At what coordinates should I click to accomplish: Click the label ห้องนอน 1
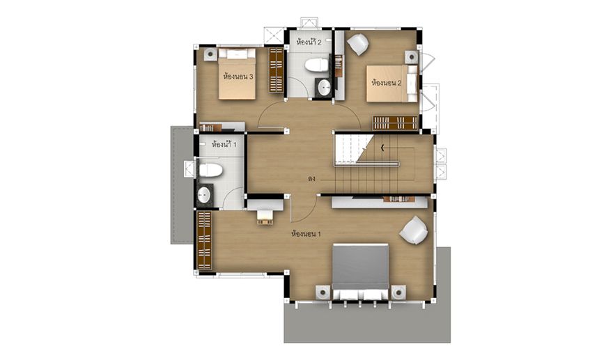(x=306, y=234)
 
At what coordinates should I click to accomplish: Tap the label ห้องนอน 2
(x=386, y=83)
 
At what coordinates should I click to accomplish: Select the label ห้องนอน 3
(x=238, y=77)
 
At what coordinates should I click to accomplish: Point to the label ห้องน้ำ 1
(x=224, y=144)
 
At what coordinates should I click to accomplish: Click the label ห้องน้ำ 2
(x=309, y=42)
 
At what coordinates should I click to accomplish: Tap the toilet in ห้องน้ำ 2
(x=316, y=65)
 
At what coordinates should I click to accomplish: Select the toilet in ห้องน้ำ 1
(x=210, y=171)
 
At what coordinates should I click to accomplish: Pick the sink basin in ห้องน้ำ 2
(x=324, y=87)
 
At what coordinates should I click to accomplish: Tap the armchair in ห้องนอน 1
(x=414, y=230)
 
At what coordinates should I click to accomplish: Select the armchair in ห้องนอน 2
(x=358, y=45)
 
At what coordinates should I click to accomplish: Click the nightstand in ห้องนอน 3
(x=210, y=54)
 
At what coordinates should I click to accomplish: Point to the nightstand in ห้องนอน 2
(x=412, y=57)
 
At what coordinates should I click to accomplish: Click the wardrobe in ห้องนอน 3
(x=276, y=70)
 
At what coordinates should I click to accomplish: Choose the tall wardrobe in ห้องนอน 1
(x=205, y=240)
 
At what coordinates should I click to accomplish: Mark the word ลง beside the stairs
(x=311, y=179)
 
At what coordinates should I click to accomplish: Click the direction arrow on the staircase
(x=382, y=148)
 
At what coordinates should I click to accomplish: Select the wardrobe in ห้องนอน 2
(x=395, y=123)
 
